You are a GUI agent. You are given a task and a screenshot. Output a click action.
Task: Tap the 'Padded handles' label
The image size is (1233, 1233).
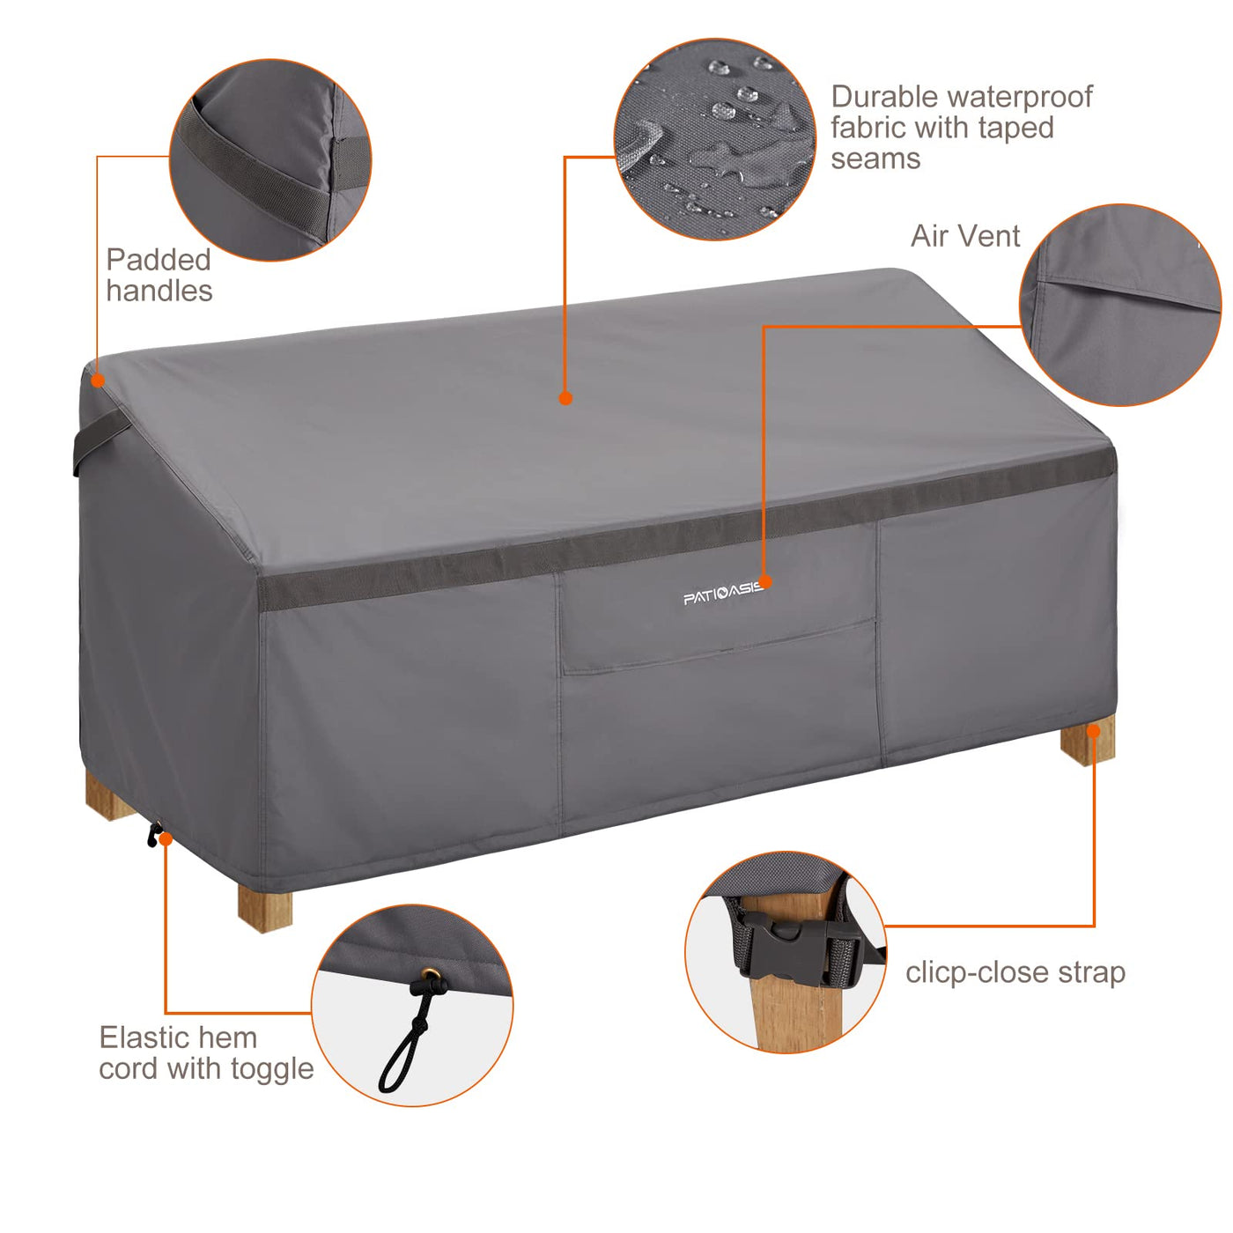159,275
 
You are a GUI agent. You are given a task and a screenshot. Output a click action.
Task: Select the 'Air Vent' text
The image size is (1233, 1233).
965,236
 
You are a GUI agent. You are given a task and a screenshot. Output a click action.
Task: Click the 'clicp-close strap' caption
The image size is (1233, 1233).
1015,972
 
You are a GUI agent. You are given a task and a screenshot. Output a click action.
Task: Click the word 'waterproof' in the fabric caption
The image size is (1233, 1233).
1019,97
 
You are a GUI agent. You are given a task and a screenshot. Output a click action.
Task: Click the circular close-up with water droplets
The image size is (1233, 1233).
715,139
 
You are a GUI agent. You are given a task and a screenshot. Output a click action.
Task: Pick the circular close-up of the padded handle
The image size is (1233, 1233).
270,160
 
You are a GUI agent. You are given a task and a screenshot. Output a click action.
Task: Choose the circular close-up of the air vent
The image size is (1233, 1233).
1120,305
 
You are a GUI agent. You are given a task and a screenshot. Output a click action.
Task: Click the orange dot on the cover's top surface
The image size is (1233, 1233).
565,398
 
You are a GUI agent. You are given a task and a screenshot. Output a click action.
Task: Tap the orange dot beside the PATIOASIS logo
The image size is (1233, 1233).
766,581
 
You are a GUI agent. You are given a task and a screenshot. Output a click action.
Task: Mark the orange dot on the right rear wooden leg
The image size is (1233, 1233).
1094,730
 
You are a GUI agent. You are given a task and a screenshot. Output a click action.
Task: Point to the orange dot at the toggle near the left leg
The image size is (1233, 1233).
166,838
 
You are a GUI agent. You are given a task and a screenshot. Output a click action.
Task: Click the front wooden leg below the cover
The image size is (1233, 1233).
265,906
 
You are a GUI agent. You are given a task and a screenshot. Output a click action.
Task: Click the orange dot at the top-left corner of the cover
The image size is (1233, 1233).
97,380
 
